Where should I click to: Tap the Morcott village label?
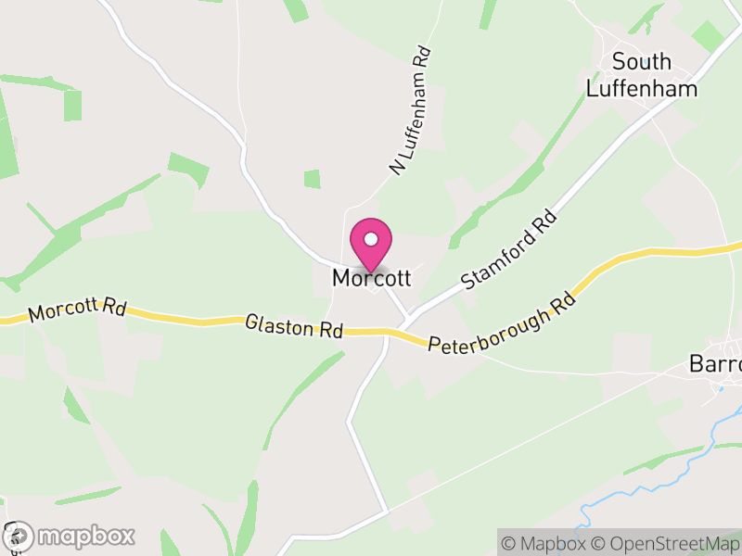pyautogui.click(x=371, y=277)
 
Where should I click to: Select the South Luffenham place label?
pyautogui.click(x=642, y=75)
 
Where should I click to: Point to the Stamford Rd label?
pyautogui.click(x=509, y=249)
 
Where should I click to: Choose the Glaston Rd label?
pyautogui.click(x=294, y=325)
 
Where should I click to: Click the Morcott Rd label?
pyautogui.click(x=76, y=310)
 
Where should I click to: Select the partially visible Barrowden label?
pyautogui.click(x=715, y=364)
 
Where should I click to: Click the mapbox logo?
pyautogui.click(x=70, y=536)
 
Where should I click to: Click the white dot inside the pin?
pyautogui.click(x=371, y=239)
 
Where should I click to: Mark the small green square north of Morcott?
pyautogui.click(x=312, y=179)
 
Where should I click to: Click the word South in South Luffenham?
pyautogui.click(x=642, y=62)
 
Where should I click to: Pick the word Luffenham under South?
pyautogui.click(x=642, y=89)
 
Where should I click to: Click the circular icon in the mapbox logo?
pyautogui.click(x=18, y=536)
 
